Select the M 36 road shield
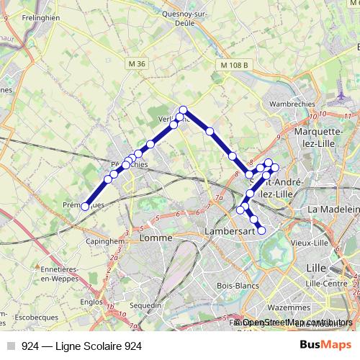click(137, 65)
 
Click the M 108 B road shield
click(235, 66)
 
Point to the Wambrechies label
click(292, 104)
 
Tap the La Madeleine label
click(333, 209)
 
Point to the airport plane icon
click(341, 94)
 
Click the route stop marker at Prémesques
click(85, 207)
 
